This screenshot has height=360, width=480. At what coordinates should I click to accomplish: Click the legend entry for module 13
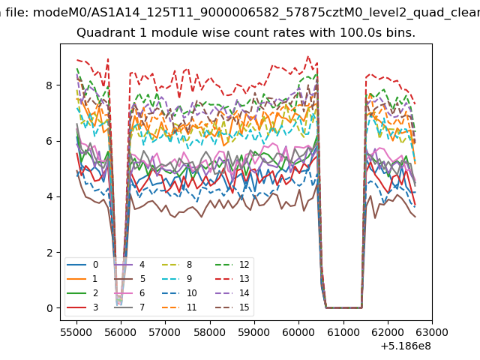point(232,279)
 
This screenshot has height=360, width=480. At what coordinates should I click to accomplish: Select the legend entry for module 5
point(130,279)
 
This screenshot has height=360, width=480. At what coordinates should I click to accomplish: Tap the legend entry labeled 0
point(82,265)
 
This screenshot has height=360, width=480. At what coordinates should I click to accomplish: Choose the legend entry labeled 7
point(130,307)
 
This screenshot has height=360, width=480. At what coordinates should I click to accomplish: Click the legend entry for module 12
point(232,265)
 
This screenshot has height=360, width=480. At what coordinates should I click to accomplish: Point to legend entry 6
point(130,293)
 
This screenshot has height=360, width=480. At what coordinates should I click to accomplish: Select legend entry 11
point(179,307)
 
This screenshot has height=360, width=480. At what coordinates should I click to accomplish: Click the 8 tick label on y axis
point(49,85)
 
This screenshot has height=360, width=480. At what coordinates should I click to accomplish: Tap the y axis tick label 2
point(49,253)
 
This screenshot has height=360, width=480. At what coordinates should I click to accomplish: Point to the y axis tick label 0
point(49,308)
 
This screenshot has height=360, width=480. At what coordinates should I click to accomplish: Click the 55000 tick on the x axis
point(76,332)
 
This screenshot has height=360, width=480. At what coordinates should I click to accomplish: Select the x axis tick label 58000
point(210,332)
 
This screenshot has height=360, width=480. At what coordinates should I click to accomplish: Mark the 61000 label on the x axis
point(343,332)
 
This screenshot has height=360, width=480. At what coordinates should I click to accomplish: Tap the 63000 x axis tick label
point(432,332)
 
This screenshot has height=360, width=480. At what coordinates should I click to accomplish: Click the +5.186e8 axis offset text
point(406,346)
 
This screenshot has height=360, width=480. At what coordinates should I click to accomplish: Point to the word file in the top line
point(18,12)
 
